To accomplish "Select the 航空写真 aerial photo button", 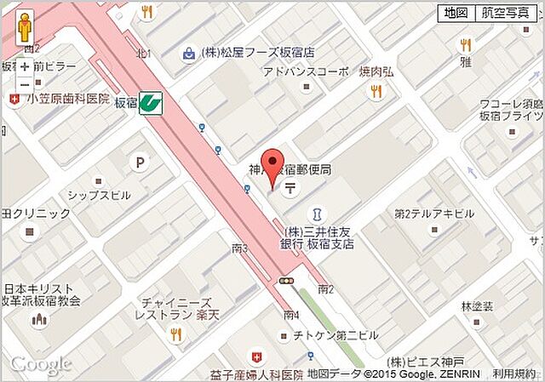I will (504, 13).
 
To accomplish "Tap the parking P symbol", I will (138, 162).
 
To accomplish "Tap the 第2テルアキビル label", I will (434, 214).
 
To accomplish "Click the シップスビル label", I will (99, 195).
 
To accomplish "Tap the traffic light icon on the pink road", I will (287, 281).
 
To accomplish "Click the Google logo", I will (39, 363).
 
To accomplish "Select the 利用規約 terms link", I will (513, 373).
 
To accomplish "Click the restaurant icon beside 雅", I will (465, 44).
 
